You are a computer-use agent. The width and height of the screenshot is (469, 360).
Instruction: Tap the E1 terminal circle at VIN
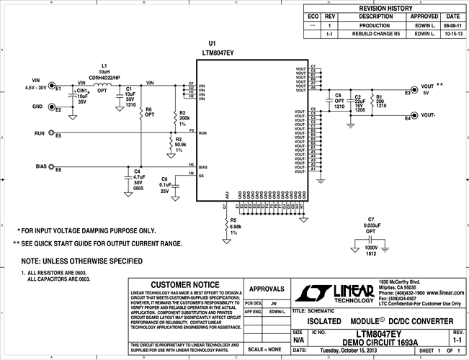click(50, 89)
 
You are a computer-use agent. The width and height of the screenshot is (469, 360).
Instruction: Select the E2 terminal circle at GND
click(50, 109)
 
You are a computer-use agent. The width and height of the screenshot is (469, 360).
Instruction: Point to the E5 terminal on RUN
click(50, 135)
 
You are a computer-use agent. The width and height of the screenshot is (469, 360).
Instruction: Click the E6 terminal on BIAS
click(50, 169)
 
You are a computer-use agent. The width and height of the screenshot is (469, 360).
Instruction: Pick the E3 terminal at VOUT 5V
click(407, 93)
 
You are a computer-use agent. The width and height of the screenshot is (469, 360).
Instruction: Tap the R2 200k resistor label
click(184, 118)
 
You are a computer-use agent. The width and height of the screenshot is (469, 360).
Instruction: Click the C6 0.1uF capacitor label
click(165, 184)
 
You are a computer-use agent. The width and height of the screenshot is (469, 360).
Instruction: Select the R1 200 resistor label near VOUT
click(379, 100)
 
